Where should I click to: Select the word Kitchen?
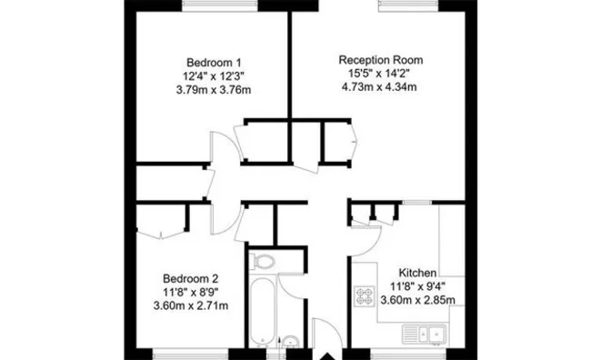(419, 272)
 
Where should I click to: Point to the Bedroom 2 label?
(191, 278)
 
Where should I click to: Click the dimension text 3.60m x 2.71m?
(191, 305)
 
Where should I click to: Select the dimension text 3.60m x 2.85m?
(418, 300)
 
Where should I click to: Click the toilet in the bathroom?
(264, 263)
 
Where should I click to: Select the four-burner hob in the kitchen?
(366, 295)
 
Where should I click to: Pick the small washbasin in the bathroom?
(289, 343)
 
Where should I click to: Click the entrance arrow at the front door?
(322, 353)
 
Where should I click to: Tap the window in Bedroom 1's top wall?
(219, 5)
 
